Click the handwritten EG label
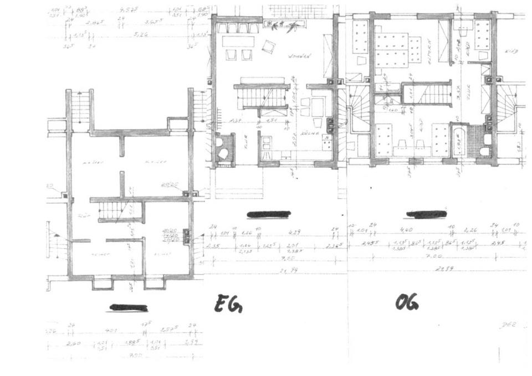(228, 304)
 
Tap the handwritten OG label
(407, 302)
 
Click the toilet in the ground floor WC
(224, 153)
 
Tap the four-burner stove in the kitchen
(326, 143)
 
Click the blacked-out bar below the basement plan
(129, 307)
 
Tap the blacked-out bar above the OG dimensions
(426, 214)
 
